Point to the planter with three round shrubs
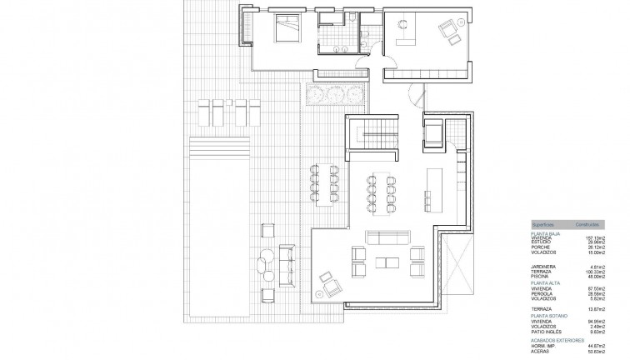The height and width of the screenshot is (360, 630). (x=327, y=94)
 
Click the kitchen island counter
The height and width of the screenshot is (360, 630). (x=432, y=187)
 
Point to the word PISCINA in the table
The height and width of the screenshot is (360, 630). (x=540, y=276)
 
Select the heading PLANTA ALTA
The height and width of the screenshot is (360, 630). (x=547, y=282)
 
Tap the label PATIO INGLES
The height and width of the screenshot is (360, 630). (x=545, y=332)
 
